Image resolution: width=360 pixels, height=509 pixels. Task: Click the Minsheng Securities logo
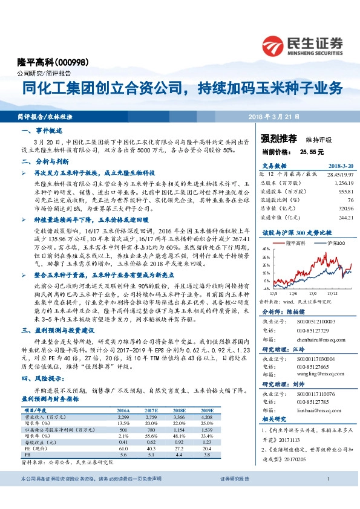coord(303,45)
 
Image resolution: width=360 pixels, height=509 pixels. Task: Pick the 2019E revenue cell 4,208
coord(207,417)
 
